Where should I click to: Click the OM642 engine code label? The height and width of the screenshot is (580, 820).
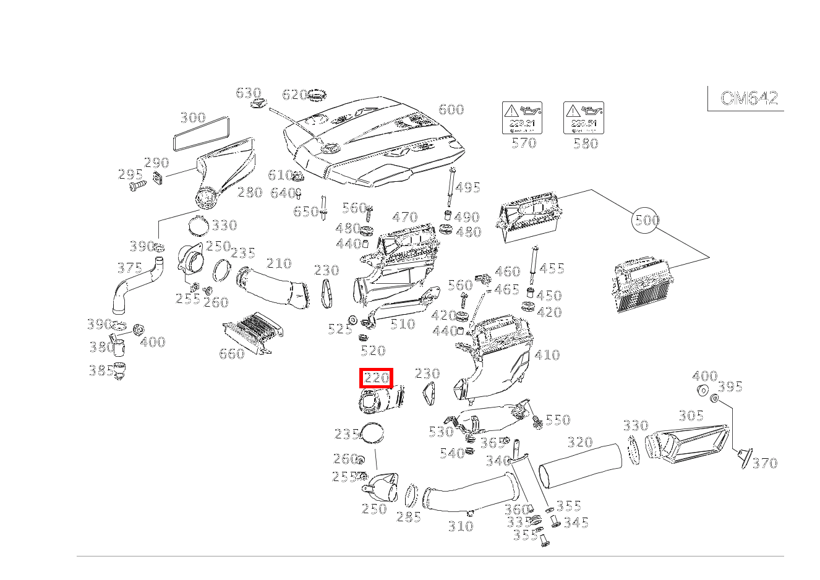[749, 98]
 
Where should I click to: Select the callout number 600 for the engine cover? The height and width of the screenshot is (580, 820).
[451, 109]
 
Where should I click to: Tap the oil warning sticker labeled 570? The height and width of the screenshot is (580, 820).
[522, 118]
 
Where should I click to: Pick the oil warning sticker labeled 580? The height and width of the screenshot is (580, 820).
[583, 118]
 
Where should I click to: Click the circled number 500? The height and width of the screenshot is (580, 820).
[646, 220]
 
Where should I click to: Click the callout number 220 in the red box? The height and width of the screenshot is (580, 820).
[377, 378]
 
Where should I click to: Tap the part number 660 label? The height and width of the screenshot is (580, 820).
[232, 354]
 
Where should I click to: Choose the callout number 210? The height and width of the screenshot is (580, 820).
[278, 263]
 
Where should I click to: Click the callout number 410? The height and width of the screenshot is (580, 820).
[547, 355]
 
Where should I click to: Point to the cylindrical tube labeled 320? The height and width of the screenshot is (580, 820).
[580, 465]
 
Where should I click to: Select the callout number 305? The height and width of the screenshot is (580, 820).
[691, 416]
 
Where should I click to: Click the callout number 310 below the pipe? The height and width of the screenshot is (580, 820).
[460, 526]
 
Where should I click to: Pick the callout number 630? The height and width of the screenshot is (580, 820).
[248, 93]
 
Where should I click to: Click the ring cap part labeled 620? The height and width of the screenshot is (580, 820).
[318, 96]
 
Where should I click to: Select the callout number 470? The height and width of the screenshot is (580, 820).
[405, 218]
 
